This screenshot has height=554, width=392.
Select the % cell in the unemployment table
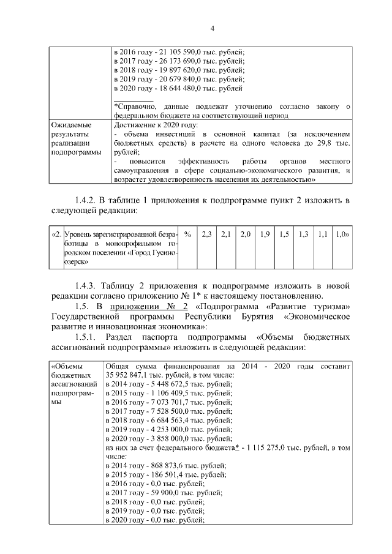pos(187,234)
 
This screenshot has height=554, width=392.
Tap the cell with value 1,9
pos(265,234)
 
